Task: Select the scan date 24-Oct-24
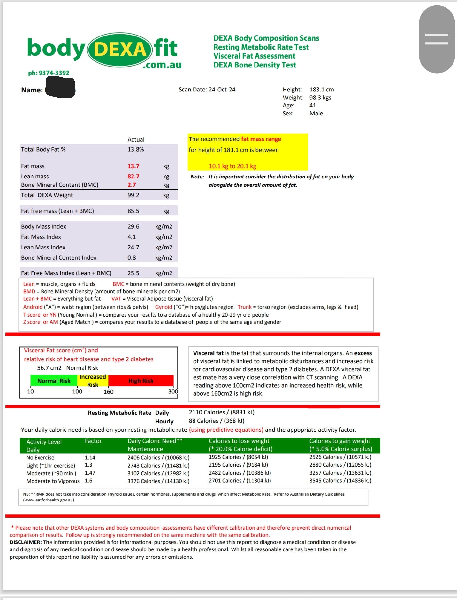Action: pos(222,90)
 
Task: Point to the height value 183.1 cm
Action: pos(321,90)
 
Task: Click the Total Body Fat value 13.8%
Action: pos(136,149)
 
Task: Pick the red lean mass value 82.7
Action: pos(133,176)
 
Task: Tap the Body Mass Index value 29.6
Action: pos(133,226)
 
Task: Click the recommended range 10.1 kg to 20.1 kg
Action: pos(232,166)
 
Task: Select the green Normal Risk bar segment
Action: pos(54,381)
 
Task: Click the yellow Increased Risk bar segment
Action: pos(93,381)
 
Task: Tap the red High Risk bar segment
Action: pos(141,381)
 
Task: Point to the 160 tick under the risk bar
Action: pos(109,391)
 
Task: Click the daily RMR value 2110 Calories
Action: pos(207,412)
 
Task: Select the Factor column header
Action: pos(93,441)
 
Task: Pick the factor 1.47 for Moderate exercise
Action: pos(90,473)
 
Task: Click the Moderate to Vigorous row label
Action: pos(53,481)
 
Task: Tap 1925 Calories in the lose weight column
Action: pos(225,457)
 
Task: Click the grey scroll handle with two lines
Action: pos(437,39)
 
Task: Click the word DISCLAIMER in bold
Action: pos(26,542)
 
